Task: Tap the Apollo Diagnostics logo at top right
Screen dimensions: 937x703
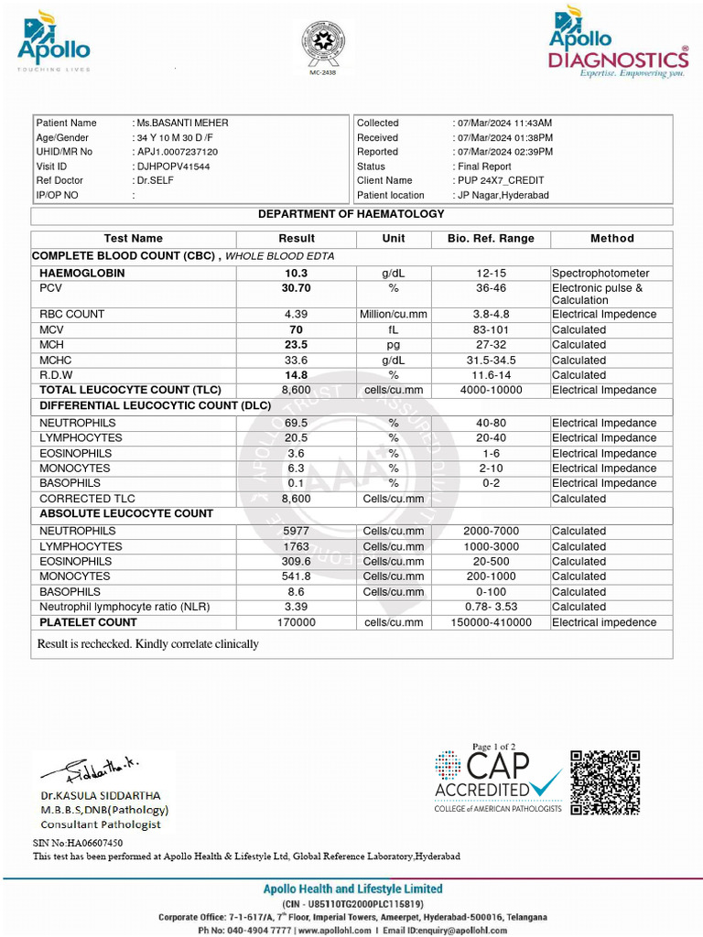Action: click(x=618, y=43)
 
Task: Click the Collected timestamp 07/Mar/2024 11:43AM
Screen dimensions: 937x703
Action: click(x=503, y=123)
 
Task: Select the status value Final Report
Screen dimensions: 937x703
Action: click(x=482, y=167)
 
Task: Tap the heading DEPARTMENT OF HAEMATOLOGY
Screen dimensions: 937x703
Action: click(x=351, y=214)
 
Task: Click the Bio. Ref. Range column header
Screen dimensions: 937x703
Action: click(x=490, y=238)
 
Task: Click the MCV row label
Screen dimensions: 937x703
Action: click(x=53, y=329)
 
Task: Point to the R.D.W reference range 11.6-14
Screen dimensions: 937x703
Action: click(x=490, y=375)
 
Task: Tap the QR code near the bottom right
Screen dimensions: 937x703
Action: click(x=605, y=782)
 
